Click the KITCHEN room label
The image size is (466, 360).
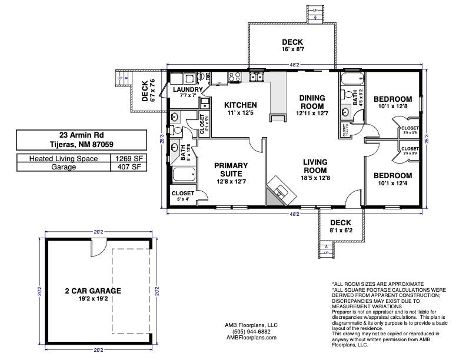[241, 105]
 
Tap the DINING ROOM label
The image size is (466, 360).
[312, 101]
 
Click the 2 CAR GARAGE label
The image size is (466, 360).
[93, 290]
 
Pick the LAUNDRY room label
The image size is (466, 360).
[188, 89]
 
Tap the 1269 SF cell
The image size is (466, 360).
[127, 158]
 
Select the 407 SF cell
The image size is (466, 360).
[127, 166]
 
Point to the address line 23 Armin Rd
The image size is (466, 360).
[81, 135]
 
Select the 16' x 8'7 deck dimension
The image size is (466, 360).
[292, 50]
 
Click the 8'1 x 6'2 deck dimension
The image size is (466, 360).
[340, 231]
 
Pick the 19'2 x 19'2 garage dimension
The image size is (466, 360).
[93, 298]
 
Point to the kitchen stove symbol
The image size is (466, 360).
[256, 76]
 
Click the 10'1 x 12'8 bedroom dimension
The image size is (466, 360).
[393, 106]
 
